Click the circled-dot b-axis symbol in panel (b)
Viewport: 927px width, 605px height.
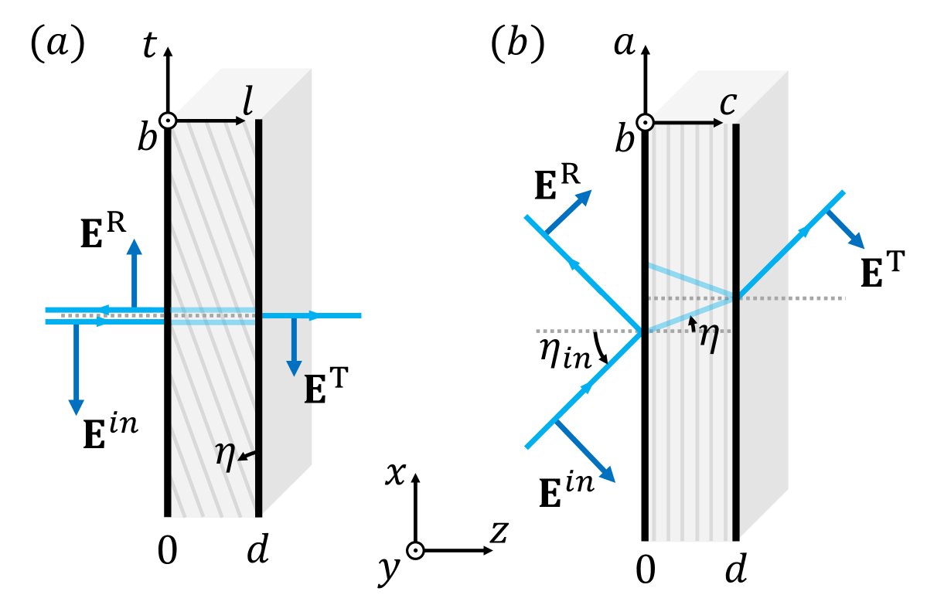coord(644,122)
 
